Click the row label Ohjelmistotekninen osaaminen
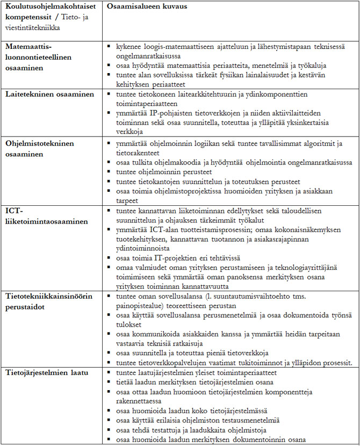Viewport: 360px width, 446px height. click(x=40, y=149)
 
